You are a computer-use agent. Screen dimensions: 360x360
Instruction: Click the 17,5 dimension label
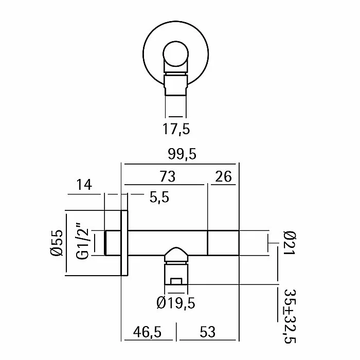[x=176, y=129]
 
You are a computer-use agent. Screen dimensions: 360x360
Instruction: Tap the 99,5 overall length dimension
[x=179, y=154]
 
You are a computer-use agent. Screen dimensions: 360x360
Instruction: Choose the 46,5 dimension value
[x=145, y=333]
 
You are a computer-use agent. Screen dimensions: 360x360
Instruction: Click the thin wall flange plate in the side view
[x=124, y=243]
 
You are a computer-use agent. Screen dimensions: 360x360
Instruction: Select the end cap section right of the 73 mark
[x=223, y=243]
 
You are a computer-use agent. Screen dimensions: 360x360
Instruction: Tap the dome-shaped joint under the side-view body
[x=176, y=254]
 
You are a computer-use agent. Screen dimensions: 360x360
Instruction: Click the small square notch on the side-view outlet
[x=176, y=281]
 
